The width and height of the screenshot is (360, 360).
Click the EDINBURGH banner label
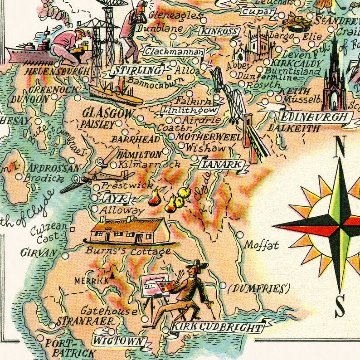tap(316, 117)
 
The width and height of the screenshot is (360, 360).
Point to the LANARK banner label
tap(222, 165)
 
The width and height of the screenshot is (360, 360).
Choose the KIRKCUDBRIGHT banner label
tap(216, 328)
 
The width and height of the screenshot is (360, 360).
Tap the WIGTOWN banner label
tap(119, 341)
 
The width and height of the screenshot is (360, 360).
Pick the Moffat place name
tap(261, 246)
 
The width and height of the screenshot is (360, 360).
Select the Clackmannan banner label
tap(174, 52)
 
